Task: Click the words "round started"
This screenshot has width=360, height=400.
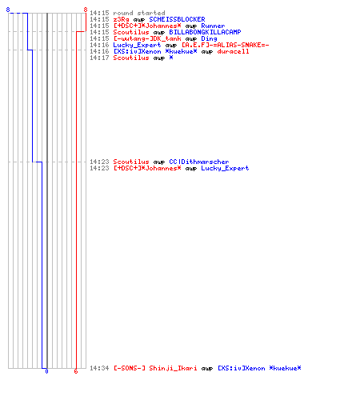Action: point(139,13)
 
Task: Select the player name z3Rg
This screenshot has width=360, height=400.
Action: point(121,19)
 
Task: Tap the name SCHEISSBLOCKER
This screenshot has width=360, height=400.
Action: point(177,19)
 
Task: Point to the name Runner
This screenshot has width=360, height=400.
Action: point(213,26)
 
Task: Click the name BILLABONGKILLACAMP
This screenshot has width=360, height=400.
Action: point(205,32)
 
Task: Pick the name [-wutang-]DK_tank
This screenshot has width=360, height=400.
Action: point(147,38)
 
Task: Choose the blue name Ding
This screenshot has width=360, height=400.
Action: point(209,38)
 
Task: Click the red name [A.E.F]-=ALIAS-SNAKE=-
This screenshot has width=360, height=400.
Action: point(226,45)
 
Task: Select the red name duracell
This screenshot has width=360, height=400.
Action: point(233,51)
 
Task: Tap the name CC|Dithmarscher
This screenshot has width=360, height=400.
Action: point(199,162)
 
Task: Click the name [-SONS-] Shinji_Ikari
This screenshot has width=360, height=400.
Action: point(155,368)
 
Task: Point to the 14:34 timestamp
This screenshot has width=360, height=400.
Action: point(99,368)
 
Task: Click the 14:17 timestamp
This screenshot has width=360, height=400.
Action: point(99,58)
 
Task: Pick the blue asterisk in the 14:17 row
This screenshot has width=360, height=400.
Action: point(171,58)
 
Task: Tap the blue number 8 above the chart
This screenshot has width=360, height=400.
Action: point(8,10)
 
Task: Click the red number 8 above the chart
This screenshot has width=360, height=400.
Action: point(86,10)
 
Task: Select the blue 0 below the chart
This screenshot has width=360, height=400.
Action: point(46,371)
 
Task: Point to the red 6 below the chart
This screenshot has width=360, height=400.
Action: point(76,371)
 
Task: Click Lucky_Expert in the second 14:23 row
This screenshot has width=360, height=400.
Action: point(225,168)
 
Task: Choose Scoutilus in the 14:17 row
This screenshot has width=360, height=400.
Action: point(131,58)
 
